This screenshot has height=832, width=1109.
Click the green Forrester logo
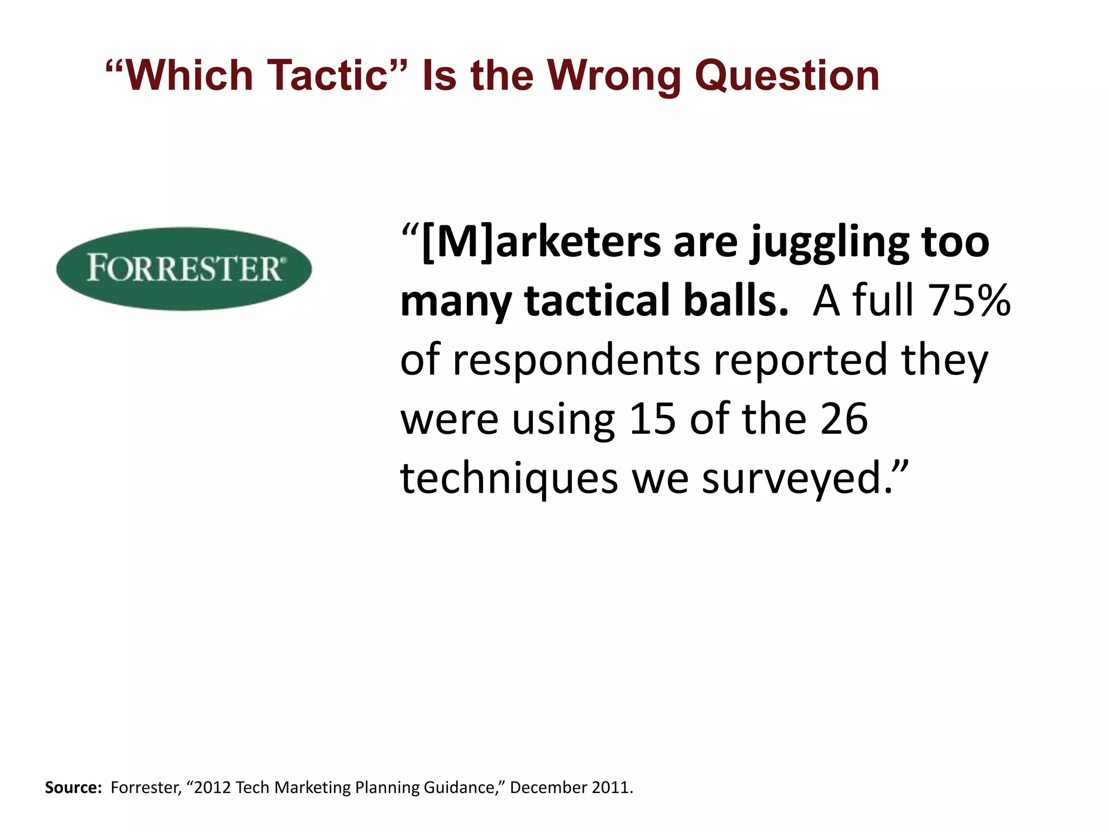click(184, 269)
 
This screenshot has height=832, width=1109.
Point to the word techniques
click(509, 479)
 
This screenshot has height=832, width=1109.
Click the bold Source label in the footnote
click(73, 788)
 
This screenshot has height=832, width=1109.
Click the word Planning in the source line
click(387, 788)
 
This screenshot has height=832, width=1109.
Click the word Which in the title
click(190, 75)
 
